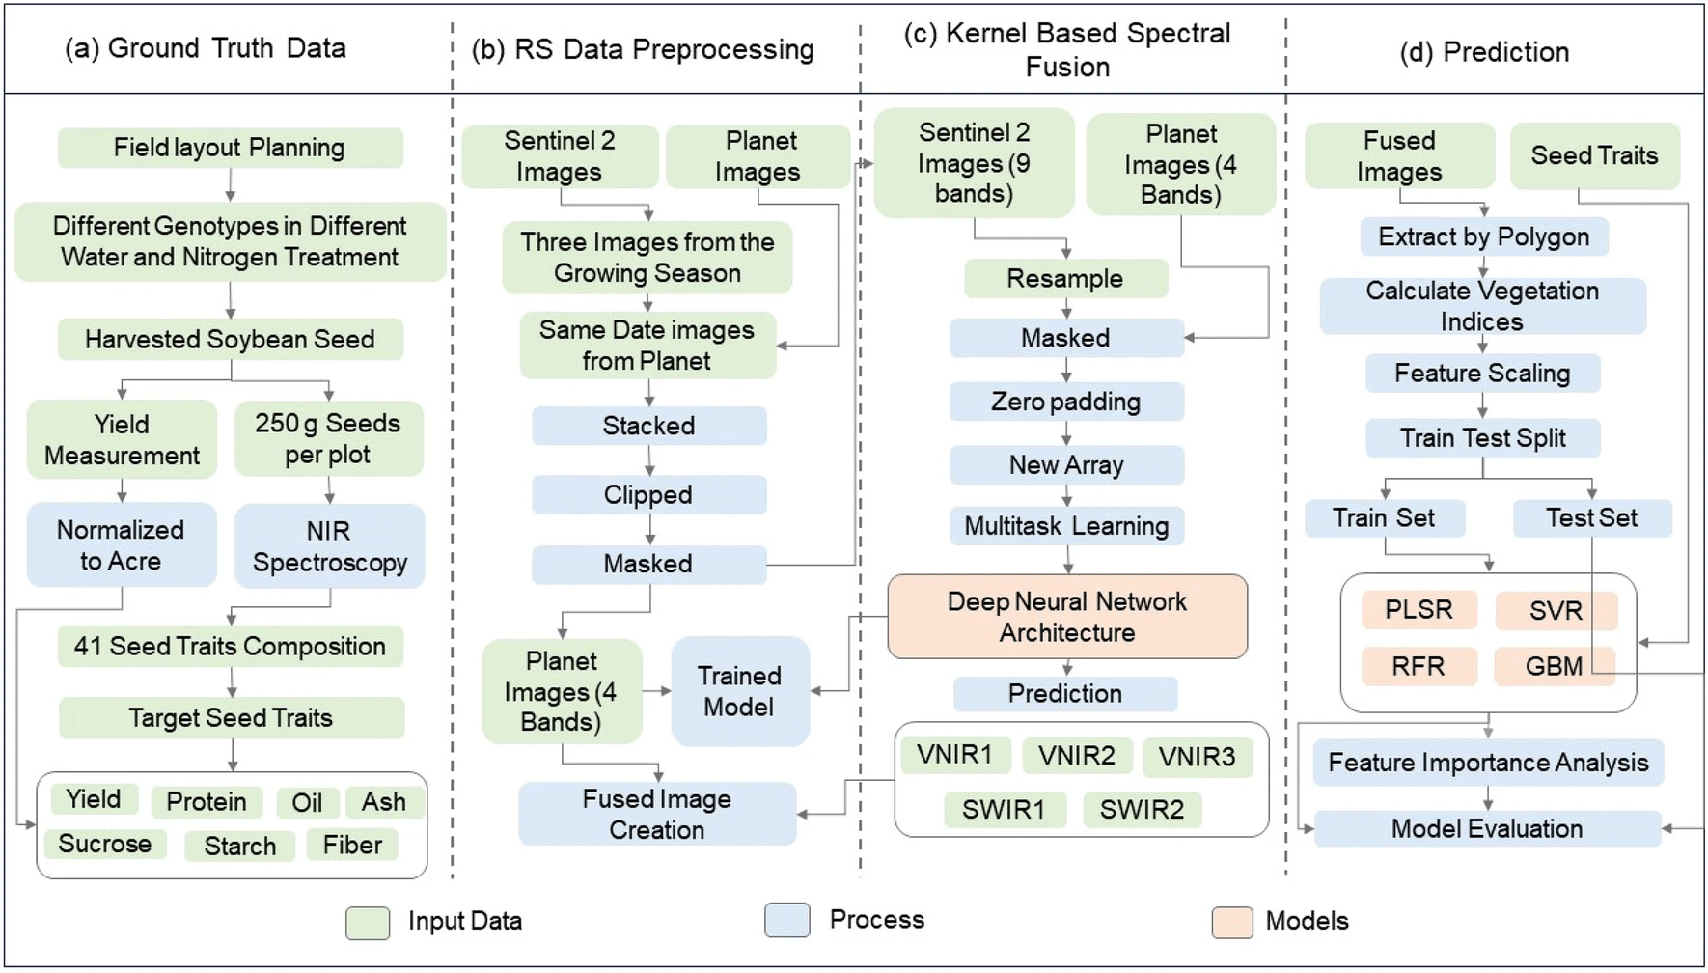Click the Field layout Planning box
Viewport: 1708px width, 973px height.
pyautogui.click(x=230, y=148)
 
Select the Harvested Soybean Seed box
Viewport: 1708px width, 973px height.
pyautogui.click(x=230, y=340)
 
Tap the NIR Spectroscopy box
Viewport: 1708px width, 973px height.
pyautogui.click(x=330, y=546)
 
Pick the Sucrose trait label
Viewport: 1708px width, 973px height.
pyautogui.click(x=105, y=844)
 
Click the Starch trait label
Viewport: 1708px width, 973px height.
pyautogui.click(x=240, y=846)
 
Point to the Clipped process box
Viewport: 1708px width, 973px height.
pyautogui.click(x=648, y=495)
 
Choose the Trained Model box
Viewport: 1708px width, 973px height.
pyautogui.click(x=739, y=691)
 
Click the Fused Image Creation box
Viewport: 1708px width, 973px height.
pyautogui.click(x=657, y=814)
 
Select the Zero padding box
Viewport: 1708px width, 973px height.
pyautogui.click(x=1066, y=402)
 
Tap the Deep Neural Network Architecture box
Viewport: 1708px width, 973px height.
pyautogui.click(x=1067, y=617)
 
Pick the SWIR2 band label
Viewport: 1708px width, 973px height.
pyautogui.click(x=1142, y=809)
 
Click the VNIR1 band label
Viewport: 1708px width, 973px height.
pyautogui.click(x=955, y=755)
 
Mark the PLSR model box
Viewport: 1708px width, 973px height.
pyautogui.click(x=1419, y=610)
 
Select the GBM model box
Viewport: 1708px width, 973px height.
pyautogui.click(x=1554, y=666)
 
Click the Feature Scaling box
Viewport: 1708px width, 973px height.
pyautogui.click(x=1482, y=374)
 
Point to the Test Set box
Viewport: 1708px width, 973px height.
pyautogui.click(x=1592, y=518)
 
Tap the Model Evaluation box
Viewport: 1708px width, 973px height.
pyautogui.click(x=1487, y=829)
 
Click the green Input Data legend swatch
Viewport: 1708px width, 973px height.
pyautogui.click(x=368, y=923)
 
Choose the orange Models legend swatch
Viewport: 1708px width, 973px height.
pyautogui.click(x=1232, y=923)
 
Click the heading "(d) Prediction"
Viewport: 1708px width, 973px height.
pyautogui.click(x=1484, y=52)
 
